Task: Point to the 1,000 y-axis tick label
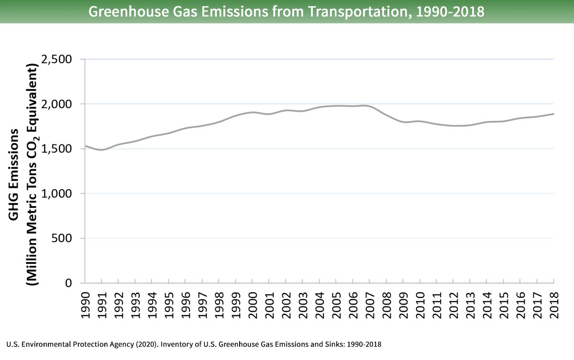click(x=58, y=194)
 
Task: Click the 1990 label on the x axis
click(x=85, y=302)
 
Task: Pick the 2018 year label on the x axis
click(x=554, y=302)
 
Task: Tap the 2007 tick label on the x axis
click(x=370, y=302)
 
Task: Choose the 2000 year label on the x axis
click(x=253, y=302)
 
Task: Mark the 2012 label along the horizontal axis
click(x=453, y=302)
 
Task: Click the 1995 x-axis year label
click(x=169, y=302)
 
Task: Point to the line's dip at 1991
click(x=101, y=150)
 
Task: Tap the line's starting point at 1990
click(x=85, y=146)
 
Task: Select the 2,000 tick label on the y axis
click(x=58, y=104)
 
